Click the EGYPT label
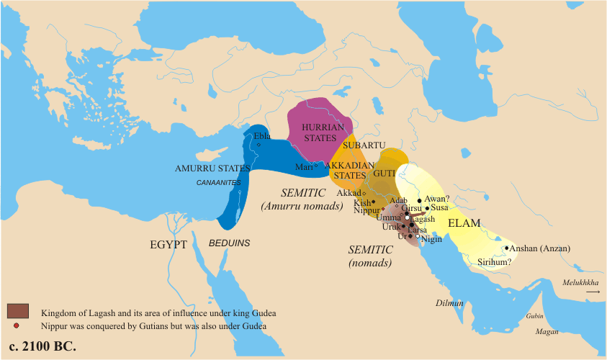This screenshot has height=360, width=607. (168, 245)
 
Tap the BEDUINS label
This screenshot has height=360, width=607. (230, 243)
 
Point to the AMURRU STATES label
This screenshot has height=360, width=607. (212, 168)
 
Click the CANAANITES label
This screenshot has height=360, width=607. (218, 183)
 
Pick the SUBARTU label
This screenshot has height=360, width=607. (359, 145)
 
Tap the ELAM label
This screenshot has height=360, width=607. (464, 223)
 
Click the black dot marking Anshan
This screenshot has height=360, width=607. (507, 248)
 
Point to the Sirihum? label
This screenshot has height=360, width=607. (495, 262)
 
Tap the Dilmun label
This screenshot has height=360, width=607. (449, 304)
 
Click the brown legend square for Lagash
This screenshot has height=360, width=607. (17, 311)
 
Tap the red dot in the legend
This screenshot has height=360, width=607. (16, 326)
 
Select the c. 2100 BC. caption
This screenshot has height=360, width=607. (43, 346)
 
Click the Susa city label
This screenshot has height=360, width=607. (439, 207)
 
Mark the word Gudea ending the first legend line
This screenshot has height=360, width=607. (263, 313)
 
